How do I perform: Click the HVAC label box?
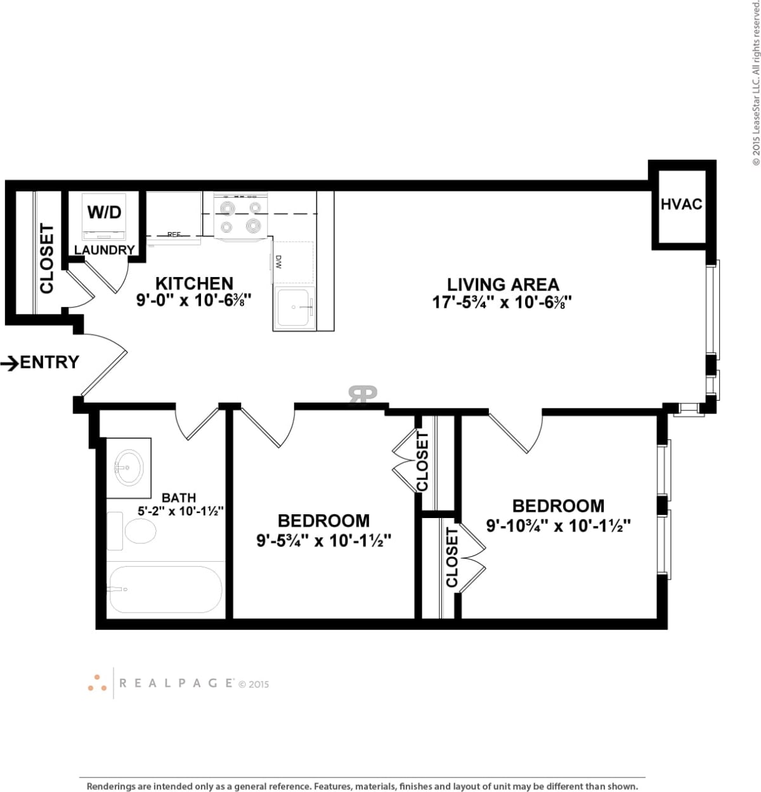[x=681, y=204]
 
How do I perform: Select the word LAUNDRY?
[x=104, y=250]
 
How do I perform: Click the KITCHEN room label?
[x=194, y=283]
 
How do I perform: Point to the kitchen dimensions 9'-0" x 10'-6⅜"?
[x=194, y=301]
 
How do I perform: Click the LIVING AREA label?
[x=503, y=285]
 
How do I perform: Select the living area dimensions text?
[x=503, y=302]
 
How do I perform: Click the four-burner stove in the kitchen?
[x=240, y=217]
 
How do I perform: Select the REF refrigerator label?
[x=174, y=235]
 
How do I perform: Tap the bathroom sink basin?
[x=129, y=468]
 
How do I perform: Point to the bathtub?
[x=165, y=590]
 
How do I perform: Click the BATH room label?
[x=178, y=498]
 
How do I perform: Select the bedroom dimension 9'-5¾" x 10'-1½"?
[x=323, y=541]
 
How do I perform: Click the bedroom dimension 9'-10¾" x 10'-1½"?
[x=558, y=526]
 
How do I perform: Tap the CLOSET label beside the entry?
[x=47, y=259]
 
